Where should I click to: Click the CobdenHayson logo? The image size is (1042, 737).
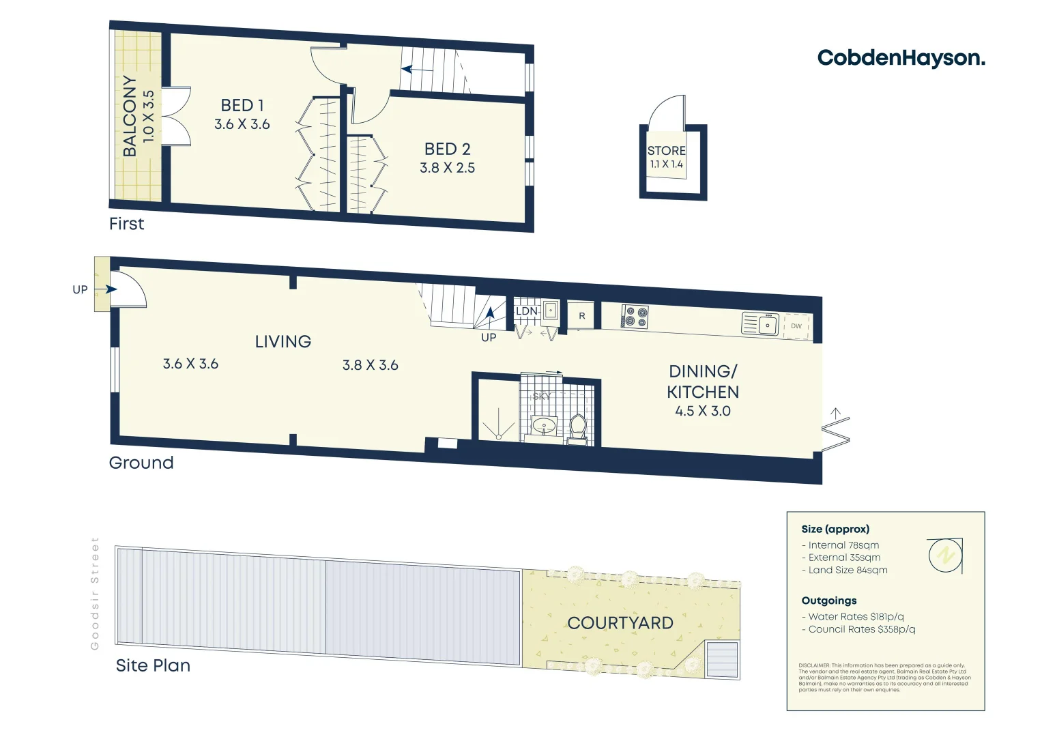coord(901,58)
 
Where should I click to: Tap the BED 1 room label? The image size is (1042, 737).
coord(242,106)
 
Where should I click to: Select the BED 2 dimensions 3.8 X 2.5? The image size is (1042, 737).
coord(447,168)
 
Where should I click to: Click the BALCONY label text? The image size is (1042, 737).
coord(130,116)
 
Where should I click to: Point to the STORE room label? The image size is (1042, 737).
coord(666,151)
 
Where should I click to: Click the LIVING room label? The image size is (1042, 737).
coord(283,342)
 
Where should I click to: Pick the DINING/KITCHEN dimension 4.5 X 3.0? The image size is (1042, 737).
coord(702,411)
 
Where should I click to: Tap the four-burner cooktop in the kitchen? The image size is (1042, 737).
coord(635,317)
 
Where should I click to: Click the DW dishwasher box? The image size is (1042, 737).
coord(796,326)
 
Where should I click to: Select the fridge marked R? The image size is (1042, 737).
coord(581,316)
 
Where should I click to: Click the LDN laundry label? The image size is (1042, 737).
coord(526,311)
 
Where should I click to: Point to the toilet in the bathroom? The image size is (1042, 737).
coord(577,428)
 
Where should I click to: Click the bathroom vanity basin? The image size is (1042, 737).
coord(544,427)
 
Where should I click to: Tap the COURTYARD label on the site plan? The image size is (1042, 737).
coord(620,623)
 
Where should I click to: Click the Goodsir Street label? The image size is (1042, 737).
coord(95,593)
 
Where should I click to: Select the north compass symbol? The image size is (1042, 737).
coord(945,555)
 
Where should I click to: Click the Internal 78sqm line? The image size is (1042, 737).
coord(843,545)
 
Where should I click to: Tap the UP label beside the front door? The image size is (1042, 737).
coord(80,289)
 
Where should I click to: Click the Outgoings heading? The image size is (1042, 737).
coord(828,601)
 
